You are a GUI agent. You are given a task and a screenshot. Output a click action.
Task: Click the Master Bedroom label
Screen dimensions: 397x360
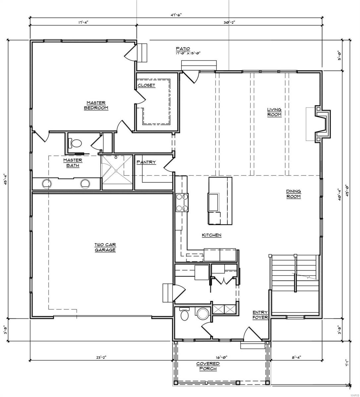(x=96, y=105)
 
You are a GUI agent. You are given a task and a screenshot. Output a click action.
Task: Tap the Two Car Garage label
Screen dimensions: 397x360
(x=105, y=247)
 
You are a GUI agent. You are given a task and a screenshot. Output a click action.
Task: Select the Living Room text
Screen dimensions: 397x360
(x=275, y=112)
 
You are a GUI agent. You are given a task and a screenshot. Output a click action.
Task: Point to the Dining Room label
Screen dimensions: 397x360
(x=293, y=194)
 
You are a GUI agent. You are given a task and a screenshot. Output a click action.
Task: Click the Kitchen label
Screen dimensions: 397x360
(x=212, y=235)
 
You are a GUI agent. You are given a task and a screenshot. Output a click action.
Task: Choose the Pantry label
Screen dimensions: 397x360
(x=146, y=162)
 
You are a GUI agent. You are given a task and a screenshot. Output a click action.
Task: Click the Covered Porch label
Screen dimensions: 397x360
(x=208, y=366)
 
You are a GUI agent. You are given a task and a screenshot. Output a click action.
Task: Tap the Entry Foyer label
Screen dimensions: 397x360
(x=260, y=315)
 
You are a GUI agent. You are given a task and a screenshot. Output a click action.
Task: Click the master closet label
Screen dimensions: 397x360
(x=146, y=85)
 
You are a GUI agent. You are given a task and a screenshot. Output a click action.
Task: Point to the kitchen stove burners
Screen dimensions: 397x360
(x=182, y=202)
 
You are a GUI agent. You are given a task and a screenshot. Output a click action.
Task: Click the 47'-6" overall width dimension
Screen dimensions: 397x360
(x=176, y=15)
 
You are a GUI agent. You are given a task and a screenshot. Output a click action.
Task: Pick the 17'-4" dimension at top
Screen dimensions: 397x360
(x=83, y=22)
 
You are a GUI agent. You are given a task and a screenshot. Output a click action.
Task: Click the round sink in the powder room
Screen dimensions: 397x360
(x=202, y=313)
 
